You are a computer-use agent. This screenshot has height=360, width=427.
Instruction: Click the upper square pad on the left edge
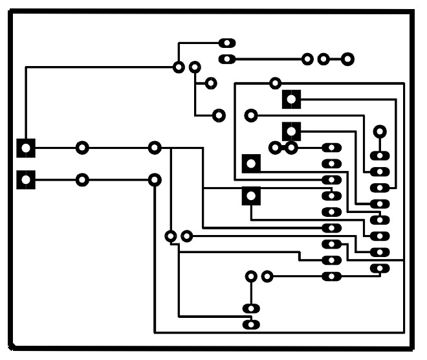point(25,148)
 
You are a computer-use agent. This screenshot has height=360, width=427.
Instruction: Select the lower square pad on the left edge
point(25,179)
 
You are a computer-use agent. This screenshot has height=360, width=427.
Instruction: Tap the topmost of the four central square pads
point(292,100)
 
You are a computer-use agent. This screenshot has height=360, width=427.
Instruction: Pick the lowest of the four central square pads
point(251,196)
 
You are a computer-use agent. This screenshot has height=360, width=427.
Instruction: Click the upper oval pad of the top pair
point(227,43)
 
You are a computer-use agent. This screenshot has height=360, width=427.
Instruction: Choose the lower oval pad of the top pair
point(227,60)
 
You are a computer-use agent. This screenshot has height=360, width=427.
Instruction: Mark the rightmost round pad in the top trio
point(347,60)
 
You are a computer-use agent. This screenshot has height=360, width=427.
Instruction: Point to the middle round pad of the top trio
point(323,60)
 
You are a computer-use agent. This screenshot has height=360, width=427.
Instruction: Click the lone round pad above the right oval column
point(380,131)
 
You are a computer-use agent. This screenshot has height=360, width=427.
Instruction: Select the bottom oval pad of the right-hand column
point(379,268)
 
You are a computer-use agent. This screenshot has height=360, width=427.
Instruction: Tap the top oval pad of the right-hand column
point(379,156)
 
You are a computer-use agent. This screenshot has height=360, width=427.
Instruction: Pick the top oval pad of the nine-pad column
point(331,148)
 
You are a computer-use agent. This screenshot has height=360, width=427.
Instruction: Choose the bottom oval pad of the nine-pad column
point(331,277)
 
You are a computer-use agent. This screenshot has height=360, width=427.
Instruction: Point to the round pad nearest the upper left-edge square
point(82,148)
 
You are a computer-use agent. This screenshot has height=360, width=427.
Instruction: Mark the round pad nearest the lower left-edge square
point(82,179)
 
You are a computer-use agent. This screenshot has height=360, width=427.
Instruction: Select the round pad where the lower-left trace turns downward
point(155,179)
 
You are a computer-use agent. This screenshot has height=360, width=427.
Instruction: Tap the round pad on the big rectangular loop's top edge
point(276,83)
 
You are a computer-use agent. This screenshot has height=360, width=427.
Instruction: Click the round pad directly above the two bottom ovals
point(251,276)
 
